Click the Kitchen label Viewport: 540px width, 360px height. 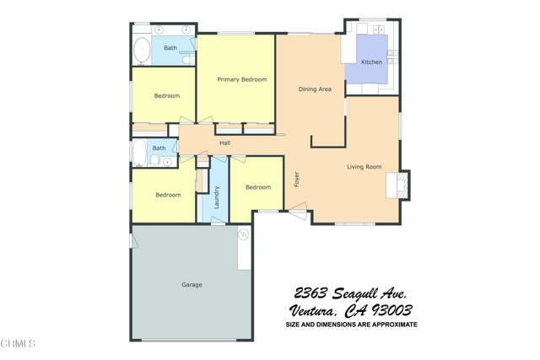pyautogui.click(x=371, y=62)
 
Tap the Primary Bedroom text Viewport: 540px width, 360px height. pyautogui.click(x=241, y=80)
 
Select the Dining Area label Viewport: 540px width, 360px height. pyautogui.click(x=315, y=89)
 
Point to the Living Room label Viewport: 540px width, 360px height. pyautogui.click(x=364, y=167)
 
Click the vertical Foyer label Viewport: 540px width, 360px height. pyautogui.click(x=296, y=180)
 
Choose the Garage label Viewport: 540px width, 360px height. pyautogui.click(x=192, y=285)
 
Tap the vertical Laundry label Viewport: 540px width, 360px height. pyautogui.click(x=217, y=197)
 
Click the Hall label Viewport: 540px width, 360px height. pyautogui.click(x=224, y=143)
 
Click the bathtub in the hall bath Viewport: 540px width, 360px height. pyautogui.click(x=139, y=153)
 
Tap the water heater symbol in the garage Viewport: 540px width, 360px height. pyautogui.click(x=243, y=234)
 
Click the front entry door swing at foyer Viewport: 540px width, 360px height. pyautogui.click(x=297, y=212)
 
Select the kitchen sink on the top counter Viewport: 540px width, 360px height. pyautogui.click(x=378, y=30)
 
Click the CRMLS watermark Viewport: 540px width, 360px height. pyautogui.click(x=19, y=343)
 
